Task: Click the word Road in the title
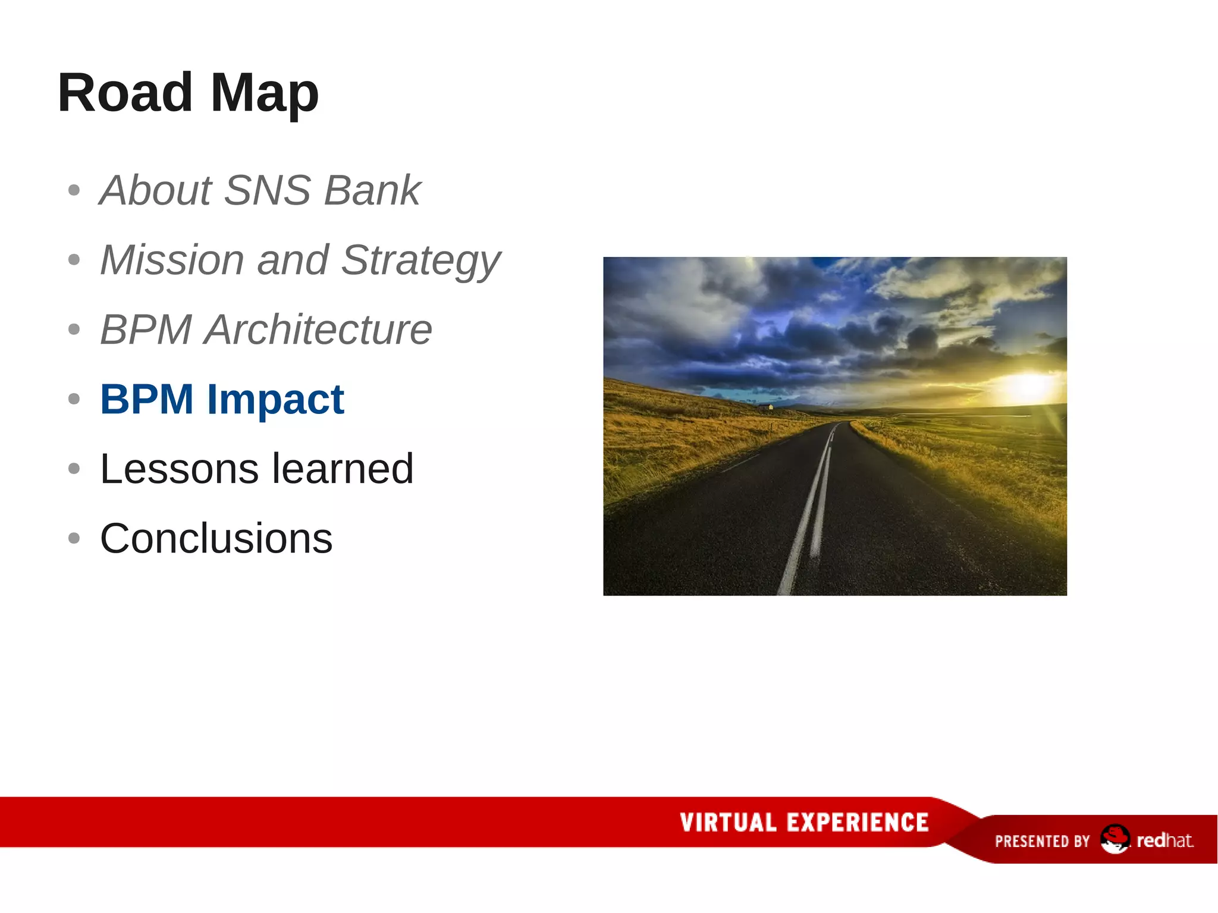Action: tap(125, 93)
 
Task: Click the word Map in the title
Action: tap(265, 94)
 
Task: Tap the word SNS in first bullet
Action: tap(268, 190)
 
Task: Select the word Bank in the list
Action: tap(372, 190)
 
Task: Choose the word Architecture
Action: tap(318, 330)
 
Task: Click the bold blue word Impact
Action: tap(275, 400)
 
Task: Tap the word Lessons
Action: tap(179, 469)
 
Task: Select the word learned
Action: tap(342, 469)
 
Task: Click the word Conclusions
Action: tap(216, 538)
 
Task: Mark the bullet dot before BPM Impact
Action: tap(74, 399)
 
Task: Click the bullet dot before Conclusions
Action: tap(74, 538)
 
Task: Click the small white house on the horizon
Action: tap(767, 407)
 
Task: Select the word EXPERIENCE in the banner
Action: tap(857, 823)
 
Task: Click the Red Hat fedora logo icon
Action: tap(1115, 839)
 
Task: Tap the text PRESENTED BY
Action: tap(1042, 841)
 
